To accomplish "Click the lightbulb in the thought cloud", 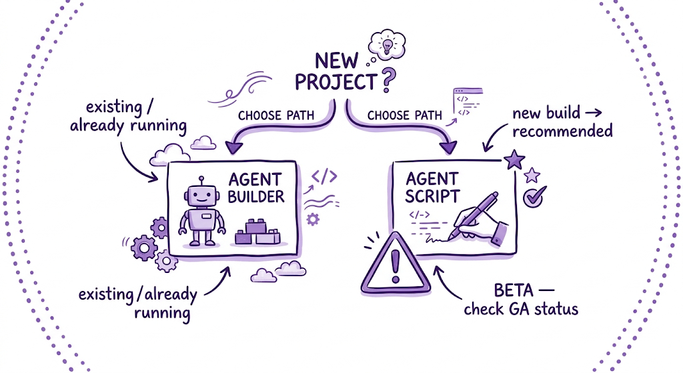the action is pyautogui.click(x=387, y=45).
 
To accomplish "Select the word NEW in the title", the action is pyautogui.click(x=337, y=61).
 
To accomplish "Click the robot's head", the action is pyautogui.click(x=201, y=195).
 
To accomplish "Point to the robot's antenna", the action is pyautogui.click(x=201, y=181).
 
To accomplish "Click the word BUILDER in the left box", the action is pyautogui.click(x=255, y=197).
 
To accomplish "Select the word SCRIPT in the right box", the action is pyautogui.click(x=432, y=196).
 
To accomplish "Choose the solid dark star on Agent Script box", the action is pyautogui.click(x=514, y=160).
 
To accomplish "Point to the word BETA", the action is pyautogui.click(x=514, y=290).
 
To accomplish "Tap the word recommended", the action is pyautogui.click(x=562, y=131).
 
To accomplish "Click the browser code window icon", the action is pyautogui.click(x=468, y=102).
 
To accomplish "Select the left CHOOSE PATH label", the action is pyautogui.click(x=275, y=115).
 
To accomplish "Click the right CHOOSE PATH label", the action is pyautogui.click(x=404, y=115).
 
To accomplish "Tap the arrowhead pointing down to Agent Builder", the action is pyautogui.click(x=234, y=147).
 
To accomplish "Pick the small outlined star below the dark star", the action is pyautogui.click(x=532, y=175).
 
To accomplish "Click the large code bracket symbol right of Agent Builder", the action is pyautogui.click(x=325, y=176).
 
